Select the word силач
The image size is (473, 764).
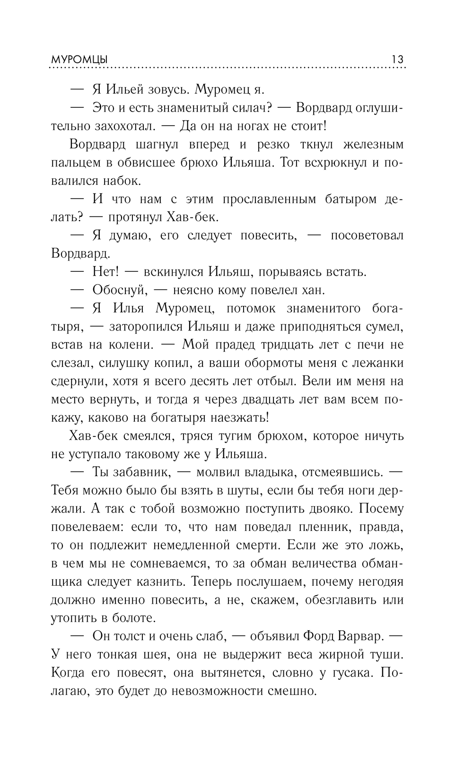253,108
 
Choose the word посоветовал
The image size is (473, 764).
367,235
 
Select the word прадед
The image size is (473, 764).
236,345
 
